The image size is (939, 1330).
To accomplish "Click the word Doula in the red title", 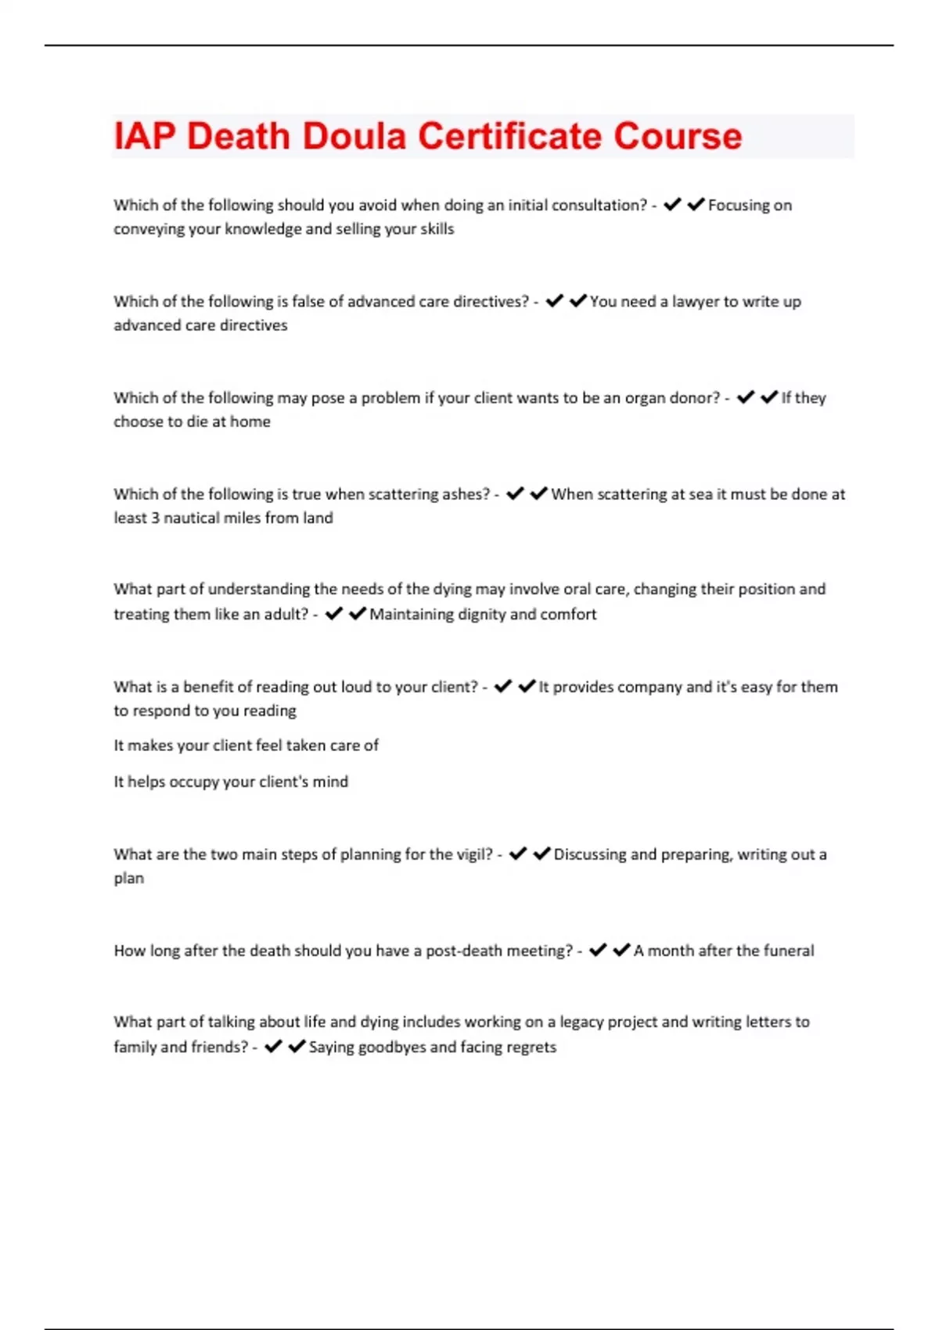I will pos(354,136).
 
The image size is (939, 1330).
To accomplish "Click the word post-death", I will pos(461,951).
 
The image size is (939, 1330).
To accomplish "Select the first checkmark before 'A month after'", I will pos(598,950).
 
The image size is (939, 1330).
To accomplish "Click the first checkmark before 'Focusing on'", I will pos(672,204).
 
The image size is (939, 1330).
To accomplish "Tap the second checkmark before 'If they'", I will pos(769,397).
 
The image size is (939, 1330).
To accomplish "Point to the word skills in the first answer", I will pos(436,229).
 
